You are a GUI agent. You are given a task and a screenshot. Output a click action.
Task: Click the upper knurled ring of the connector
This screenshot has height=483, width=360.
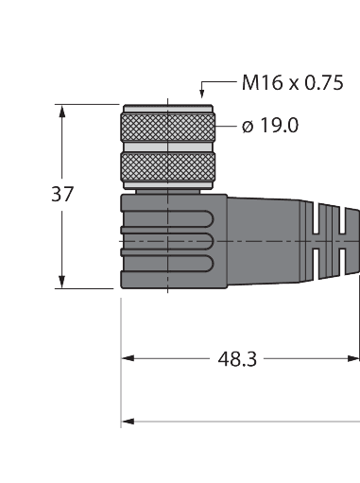click(x=167, y=126)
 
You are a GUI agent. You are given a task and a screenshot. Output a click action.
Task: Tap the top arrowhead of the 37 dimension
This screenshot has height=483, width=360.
click(x=63, y=111)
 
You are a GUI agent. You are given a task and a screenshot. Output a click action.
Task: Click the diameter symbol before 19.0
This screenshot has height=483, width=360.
click(x=247, y=126)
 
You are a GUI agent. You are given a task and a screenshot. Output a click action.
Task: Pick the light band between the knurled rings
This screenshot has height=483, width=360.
click(x=167, y=147)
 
